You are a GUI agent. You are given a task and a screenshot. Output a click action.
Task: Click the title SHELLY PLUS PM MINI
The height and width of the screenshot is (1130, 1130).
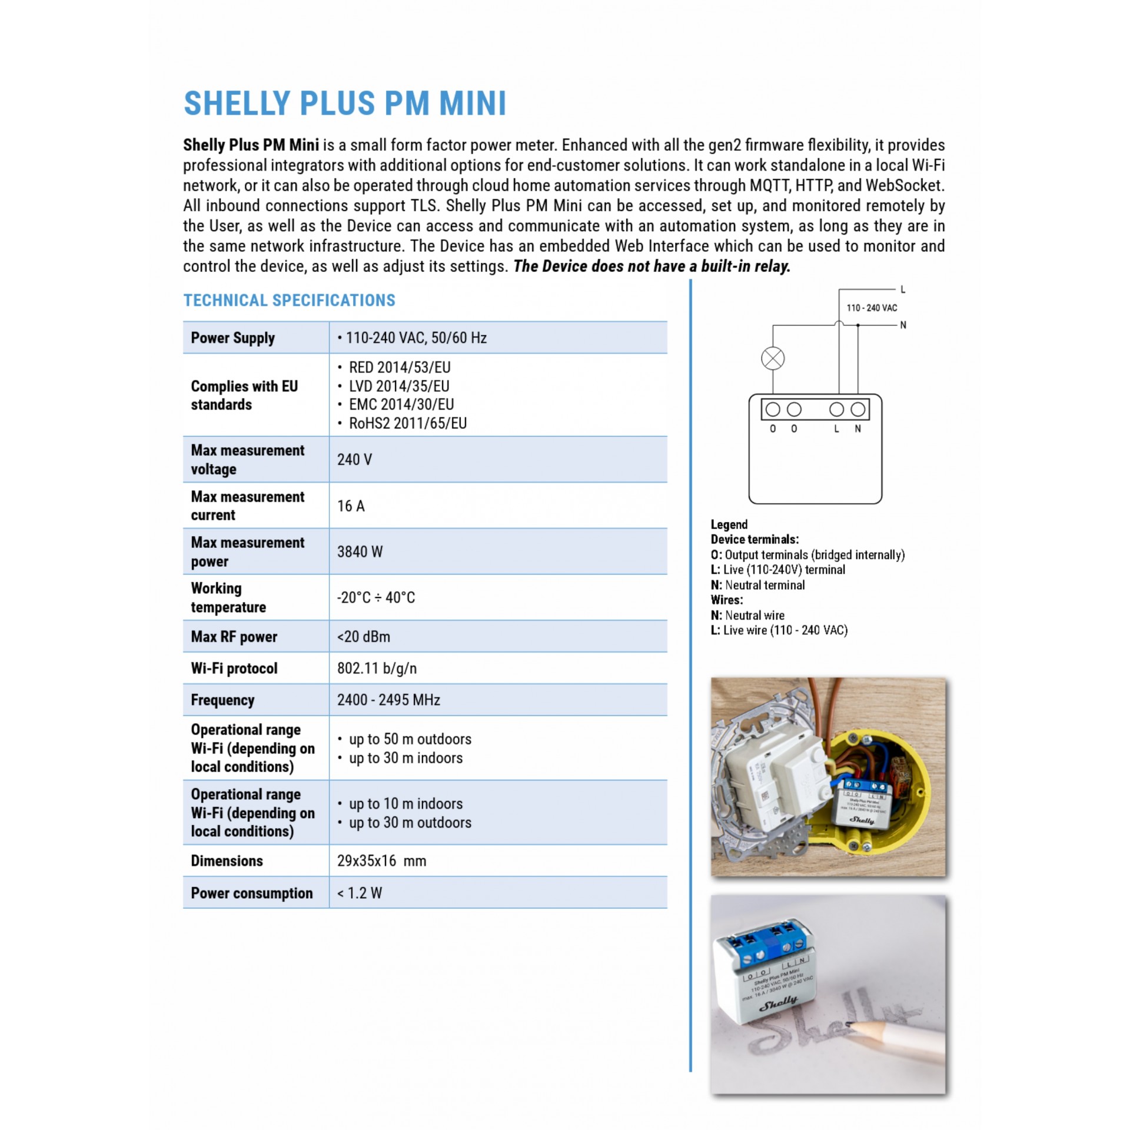pyautogui.click(x=345, y=104)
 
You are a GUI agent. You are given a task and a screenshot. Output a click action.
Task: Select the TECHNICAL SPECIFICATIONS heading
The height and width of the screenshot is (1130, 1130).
pyautogui.click(x=289, y=300)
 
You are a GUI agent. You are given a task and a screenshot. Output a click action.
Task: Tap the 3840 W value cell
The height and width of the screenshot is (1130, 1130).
pyautogui.click(x=360, y=551)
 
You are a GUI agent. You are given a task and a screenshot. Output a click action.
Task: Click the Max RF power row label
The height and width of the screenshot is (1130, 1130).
pyautogui.click(x=234, y=637)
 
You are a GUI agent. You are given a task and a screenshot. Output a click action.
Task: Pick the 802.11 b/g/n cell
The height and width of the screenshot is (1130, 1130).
pyautogui.click(x=377, y=669)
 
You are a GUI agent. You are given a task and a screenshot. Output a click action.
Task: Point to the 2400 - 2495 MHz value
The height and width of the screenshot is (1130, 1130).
pyautogui.click(x=388, y=700)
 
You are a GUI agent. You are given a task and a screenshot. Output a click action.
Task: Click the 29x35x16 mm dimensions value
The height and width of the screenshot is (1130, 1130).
pyautogui.click(x=381, y=861)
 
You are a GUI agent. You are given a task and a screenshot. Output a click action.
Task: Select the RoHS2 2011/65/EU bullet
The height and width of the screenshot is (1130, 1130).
pyautogui.click(x=407, y=423)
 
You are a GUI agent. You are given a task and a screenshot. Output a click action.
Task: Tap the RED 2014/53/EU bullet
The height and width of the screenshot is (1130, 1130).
pyautogui.click(x=399, y=367)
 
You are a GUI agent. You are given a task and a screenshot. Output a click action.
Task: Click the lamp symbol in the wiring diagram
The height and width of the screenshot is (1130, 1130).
pyautogui.click(x=773, y=358)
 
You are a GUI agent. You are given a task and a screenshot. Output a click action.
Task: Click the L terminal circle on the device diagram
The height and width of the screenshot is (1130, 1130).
pyautogui.click(x=836, y=410)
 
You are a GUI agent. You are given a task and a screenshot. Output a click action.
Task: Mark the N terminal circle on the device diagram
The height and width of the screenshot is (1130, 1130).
pyautogui.click(x=858, y=410)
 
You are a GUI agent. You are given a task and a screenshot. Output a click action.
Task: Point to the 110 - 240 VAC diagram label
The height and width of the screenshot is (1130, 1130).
pyautogui.click(x=872, y=308)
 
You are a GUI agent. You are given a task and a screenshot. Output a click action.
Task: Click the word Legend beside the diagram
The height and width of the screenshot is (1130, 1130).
pyautogui.click(x=729, y=524)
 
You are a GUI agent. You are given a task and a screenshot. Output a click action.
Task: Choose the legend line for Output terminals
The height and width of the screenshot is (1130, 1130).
pyautogui.click(x=807, y=555)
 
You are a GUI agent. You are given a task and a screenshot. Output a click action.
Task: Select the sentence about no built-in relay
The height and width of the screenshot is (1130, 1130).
pyautogui.click(x=652, y=267)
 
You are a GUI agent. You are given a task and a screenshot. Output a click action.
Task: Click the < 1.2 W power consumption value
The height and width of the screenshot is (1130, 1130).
pyautogui.click(x=359, y=893)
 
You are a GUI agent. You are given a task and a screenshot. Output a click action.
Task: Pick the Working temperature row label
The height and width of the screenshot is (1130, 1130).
pyautogui.click(x=228, y=597)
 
